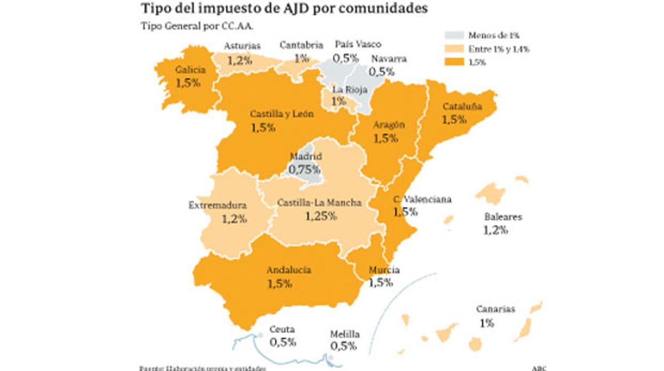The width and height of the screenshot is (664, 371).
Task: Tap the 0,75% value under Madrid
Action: (x=304, y=170)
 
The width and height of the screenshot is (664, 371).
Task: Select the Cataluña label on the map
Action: (x=462, y=106)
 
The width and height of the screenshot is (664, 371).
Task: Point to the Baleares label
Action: (x=503, y=217)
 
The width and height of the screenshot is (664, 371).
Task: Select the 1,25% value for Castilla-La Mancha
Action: (x=321, y=216)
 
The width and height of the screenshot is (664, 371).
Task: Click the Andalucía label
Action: (x=288, y=270)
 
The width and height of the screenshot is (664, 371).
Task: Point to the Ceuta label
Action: (x=281, y=329)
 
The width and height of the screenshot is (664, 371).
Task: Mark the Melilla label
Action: (x=344, y=334)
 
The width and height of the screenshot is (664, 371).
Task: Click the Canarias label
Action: (x=495, y=309)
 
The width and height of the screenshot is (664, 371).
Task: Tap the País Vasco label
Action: (x=358, y=45)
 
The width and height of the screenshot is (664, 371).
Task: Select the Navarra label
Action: (x=389, y=58)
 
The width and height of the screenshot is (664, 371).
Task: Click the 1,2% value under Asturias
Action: (x=239, y=60)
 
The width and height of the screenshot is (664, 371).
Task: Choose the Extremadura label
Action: (x=218, y=205)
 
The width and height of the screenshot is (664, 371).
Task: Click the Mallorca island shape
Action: (x=490, y=194)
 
